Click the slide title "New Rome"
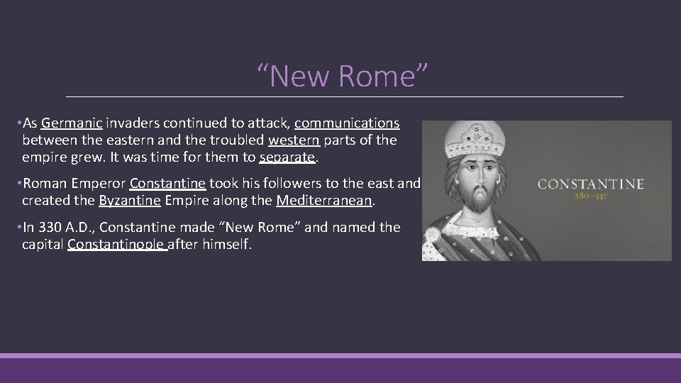[343, 76]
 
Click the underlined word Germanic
[72, 124]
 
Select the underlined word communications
[347, 124]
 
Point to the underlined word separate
[287, 157]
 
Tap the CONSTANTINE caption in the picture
[591, 184]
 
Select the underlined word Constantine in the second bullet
[168, 184]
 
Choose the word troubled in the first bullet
[237, 140]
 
